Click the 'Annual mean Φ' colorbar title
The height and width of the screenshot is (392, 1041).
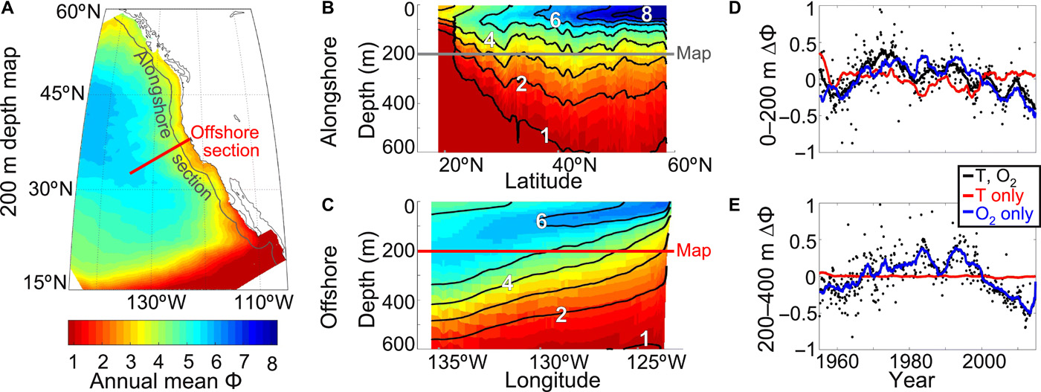point(173,381)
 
